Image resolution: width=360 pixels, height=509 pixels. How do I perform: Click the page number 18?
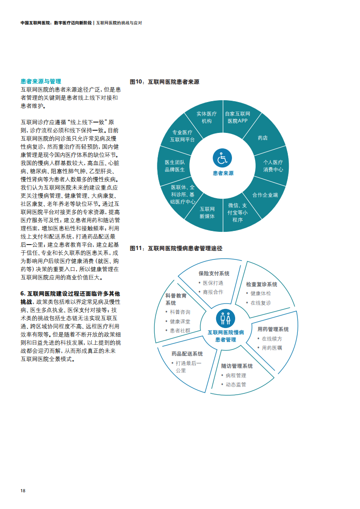23,490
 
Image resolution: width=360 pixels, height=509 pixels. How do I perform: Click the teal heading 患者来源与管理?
41,82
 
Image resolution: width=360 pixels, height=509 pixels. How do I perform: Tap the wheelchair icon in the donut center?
222,158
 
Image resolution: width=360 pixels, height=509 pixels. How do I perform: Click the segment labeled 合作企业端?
265,195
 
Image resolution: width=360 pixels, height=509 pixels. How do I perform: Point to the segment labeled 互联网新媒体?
207,213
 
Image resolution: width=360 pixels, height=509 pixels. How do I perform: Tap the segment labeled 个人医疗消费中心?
273,166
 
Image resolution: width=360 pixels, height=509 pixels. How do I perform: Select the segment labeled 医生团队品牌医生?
175,166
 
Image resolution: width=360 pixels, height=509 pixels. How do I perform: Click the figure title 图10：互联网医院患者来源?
164,82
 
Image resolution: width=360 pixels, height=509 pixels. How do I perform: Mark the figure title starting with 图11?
176,248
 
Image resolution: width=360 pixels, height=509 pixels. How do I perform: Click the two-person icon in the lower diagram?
226,318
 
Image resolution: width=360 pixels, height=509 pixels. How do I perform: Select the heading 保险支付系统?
214,274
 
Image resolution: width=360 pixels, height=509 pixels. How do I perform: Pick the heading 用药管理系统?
273,329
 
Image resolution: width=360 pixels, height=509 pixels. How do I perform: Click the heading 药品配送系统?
187,354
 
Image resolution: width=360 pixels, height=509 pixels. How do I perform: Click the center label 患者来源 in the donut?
223,173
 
